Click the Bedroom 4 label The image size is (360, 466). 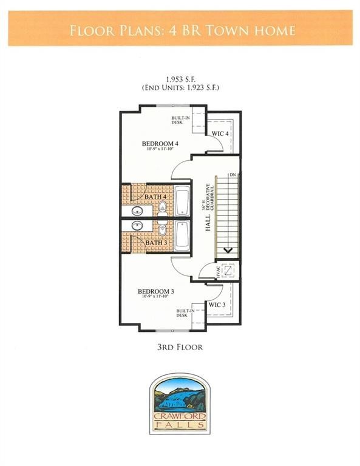pos(158,144)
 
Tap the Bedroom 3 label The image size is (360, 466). pos(157,292)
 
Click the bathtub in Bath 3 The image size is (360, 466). pos(182,236)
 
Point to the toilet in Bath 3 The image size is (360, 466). pos(162,229)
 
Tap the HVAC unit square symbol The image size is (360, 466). pos(227,271)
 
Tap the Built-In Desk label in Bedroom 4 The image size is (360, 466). pos(177,120)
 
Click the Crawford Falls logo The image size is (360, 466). pos(180,403)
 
